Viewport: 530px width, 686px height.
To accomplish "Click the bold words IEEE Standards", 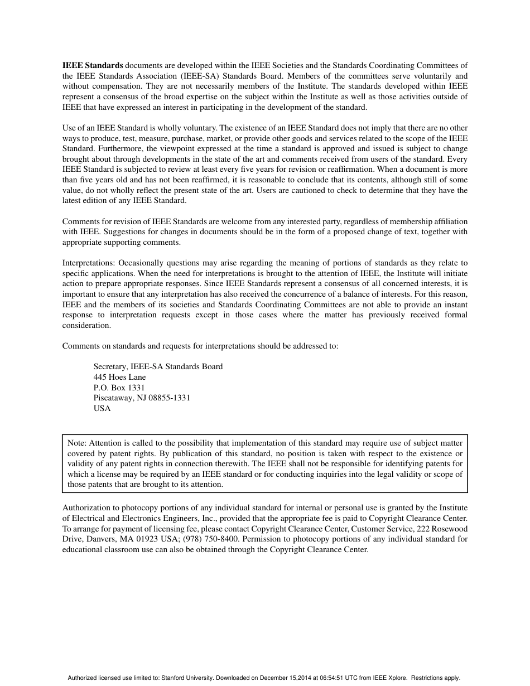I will (92, 65).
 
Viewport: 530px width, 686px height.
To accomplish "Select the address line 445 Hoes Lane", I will (119, 377).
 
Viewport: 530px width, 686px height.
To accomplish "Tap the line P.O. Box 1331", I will (119, 388).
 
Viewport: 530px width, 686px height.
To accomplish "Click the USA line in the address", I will (102, 408).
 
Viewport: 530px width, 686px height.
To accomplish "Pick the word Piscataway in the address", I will (113, 398).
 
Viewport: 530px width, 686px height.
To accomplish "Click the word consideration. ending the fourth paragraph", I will (86, 325).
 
